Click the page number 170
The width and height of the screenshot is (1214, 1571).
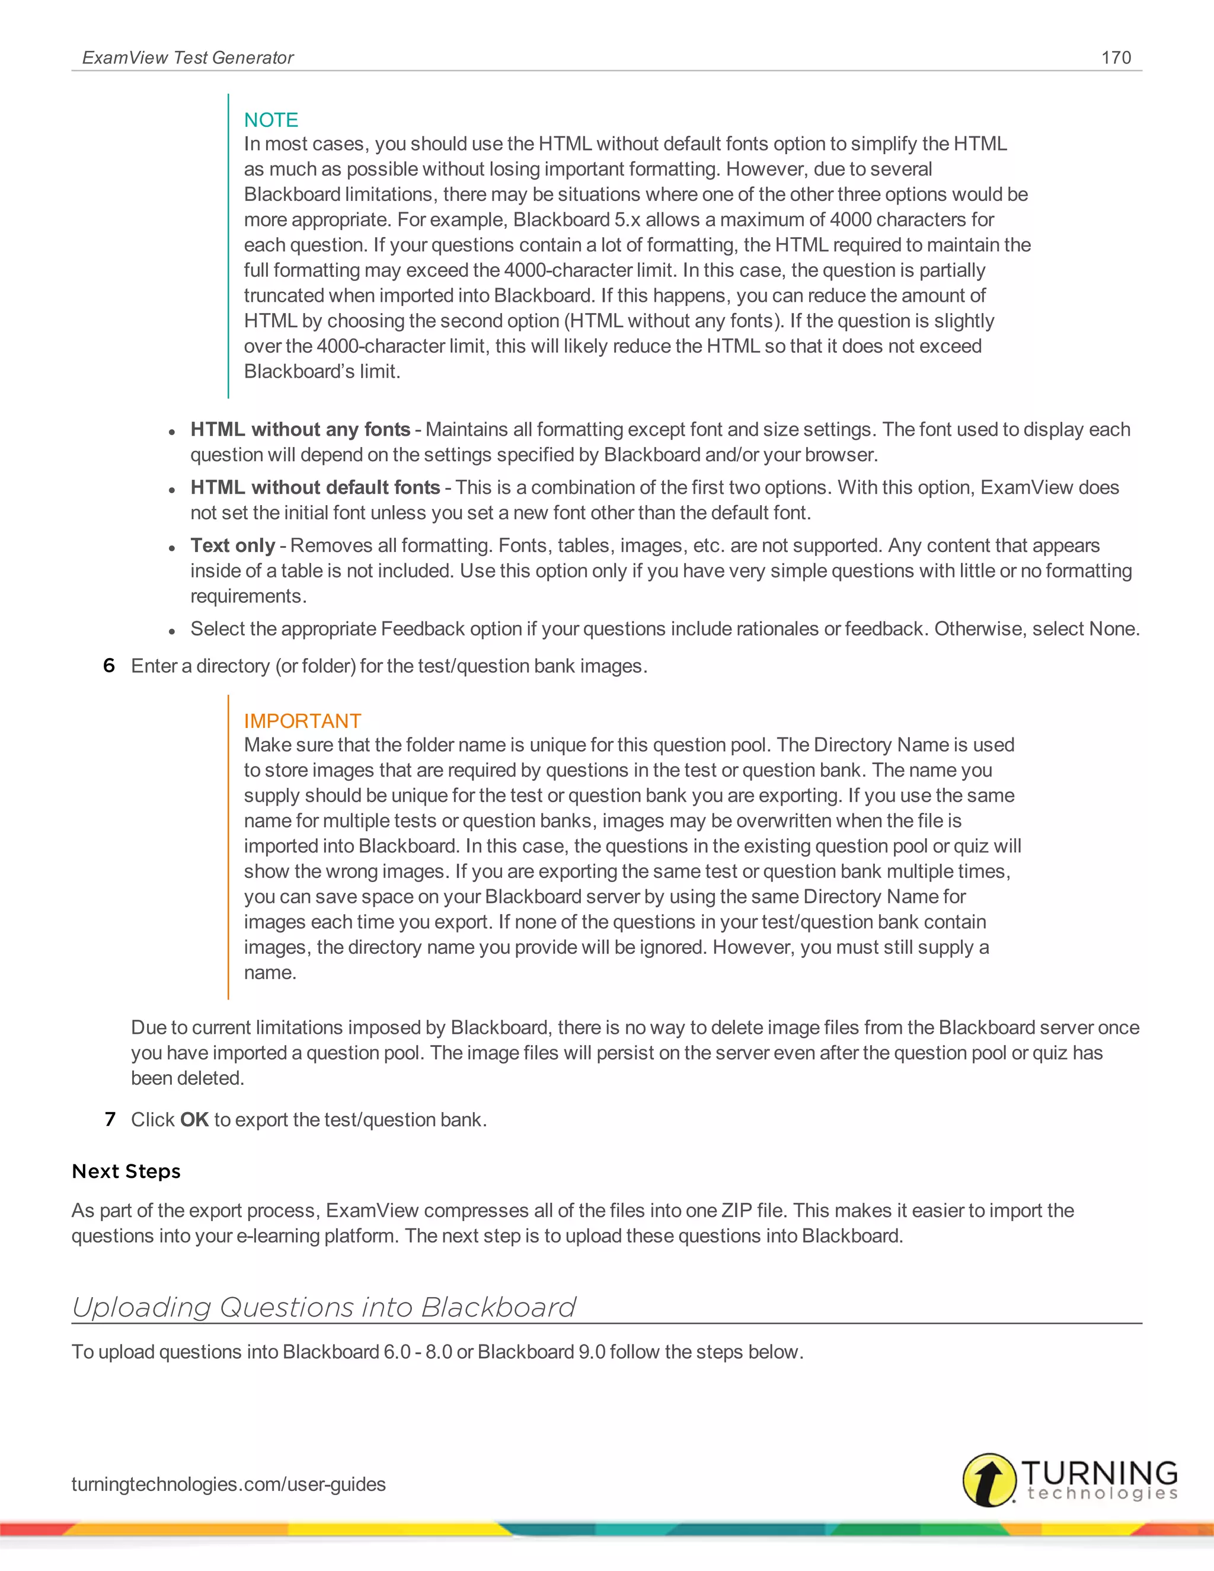1116,58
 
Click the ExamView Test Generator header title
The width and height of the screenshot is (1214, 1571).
188,58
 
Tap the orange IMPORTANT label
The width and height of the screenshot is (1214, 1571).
302,721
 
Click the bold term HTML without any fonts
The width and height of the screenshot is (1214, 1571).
300,429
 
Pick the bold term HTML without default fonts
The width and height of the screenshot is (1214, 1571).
315,488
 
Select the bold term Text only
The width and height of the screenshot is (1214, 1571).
232,546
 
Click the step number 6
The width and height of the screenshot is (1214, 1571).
109,665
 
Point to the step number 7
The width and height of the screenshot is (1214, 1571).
110,1119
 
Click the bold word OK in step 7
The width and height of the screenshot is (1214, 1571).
194,1120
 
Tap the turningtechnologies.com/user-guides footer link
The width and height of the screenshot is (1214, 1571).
229,1484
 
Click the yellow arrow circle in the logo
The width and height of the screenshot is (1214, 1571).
989,1480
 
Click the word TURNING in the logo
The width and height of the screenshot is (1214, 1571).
1099,1473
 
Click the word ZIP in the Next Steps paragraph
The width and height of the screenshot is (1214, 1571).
736,1211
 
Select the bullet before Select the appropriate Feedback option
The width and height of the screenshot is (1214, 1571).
172,631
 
